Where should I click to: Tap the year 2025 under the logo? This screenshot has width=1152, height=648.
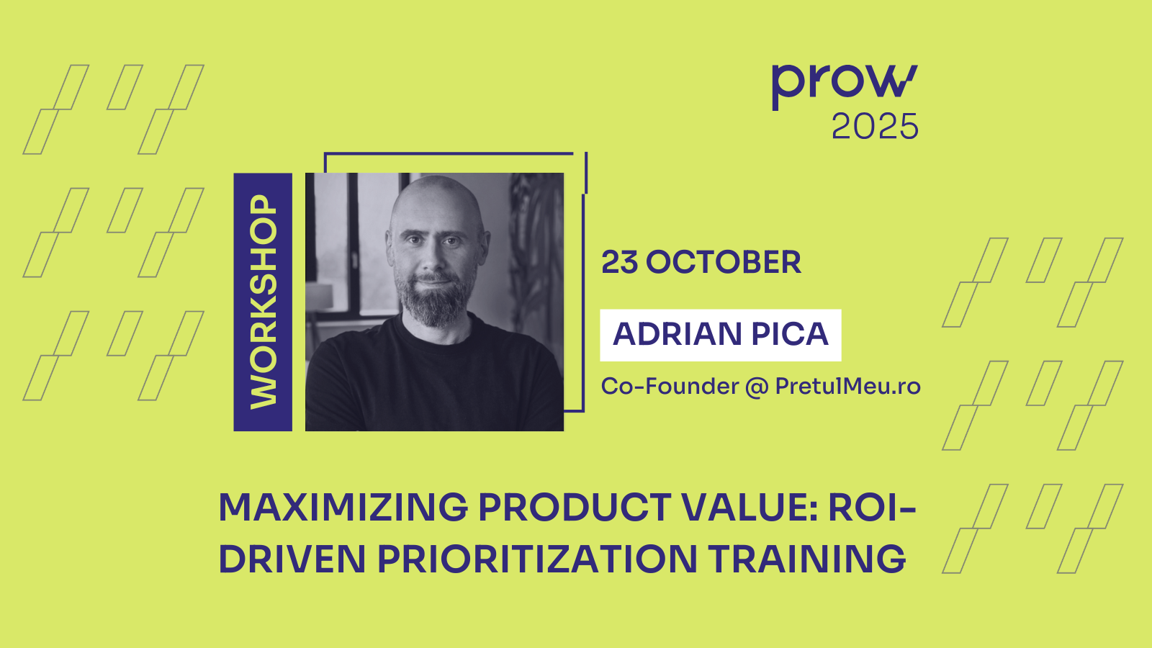pyautogui.click(x=875, y=127)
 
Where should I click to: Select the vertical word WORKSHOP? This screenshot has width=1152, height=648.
pyautogui.click(x=264, y=302)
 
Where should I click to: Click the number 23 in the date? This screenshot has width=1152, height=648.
pyautogui.click(x=620, y=262)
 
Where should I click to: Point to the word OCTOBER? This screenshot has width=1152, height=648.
pyautogui.click(x=724, y=262)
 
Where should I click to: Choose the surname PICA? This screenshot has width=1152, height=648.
pyautogui.click(x=790, y=334)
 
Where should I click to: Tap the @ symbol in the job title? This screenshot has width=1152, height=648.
pyautogui.click(x=757, y=387)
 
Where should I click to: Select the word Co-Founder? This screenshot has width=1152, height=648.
pyautogui.click(x=670, y=386)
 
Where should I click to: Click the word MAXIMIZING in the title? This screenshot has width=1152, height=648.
pyautogui.click(x=343, y=508)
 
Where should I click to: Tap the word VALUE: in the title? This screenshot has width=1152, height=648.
pyautogui.click(x=751, y=508)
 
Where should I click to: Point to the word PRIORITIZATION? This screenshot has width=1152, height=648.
pyautogui.click(x=537, y=559)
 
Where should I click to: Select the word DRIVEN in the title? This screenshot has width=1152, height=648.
pyautogui.click(x=292, y=559)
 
